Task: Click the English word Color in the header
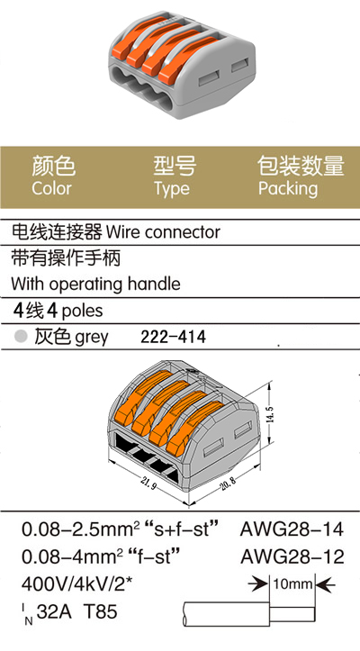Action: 52,188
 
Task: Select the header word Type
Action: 172,189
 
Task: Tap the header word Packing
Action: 288,189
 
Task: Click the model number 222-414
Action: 173,337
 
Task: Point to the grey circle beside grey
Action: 21,336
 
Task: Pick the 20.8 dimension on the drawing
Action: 227,484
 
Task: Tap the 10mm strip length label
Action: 292,584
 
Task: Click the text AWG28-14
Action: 292,529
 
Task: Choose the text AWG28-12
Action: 292,556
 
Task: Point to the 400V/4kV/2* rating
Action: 76,584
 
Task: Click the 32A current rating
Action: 54,611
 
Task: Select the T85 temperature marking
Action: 101,611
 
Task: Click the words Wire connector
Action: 163,232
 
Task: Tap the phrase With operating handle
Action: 96,285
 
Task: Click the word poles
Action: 82,311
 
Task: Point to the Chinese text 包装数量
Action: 301,166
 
